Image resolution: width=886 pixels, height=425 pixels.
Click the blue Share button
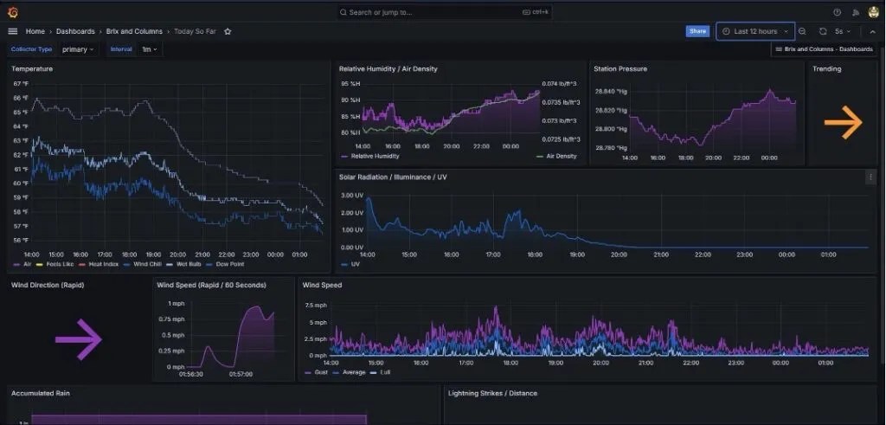[x=697, y=31]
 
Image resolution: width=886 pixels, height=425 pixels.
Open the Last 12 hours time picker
[x=754, y=31]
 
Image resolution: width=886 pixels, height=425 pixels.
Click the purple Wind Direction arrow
[x=79, y=338]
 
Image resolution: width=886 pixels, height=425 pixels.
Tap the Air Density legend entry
[x=561, y=157]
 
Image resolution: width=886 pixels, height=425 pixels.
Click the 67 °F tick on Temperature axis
[x=21, y=84]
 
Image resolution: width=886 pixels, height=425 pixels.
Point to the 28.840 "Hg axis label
[x=611, y=91]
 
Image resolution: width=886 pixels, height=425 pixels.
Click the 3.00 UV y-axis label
[x=351, y=196]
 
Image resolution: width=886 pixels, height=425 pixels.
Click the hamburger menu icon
[x=12, y=31]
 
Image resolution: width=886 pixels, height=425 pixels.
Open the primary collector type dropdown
[x=78, y=49]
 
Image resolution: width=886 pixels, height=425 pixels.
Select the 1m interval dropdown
[x=150, y=49]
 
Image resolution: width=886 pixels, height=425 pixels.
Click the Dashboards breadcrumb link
[x=75, y=31]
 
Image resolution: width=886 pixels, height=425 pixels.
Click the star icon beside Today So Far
[x=228, y=31]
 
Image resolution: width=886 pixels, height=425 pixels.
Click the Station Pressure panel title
[x=620, y=68]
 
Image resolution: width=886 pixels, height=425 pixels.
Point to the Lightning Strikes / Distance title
[x=492, y=393]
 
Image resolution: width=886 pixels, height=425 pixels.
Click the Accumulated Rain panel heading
[x=41, y=393]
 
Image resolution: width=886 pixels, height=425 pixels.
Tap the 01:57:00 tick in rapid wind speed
[x=241, y=375]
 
